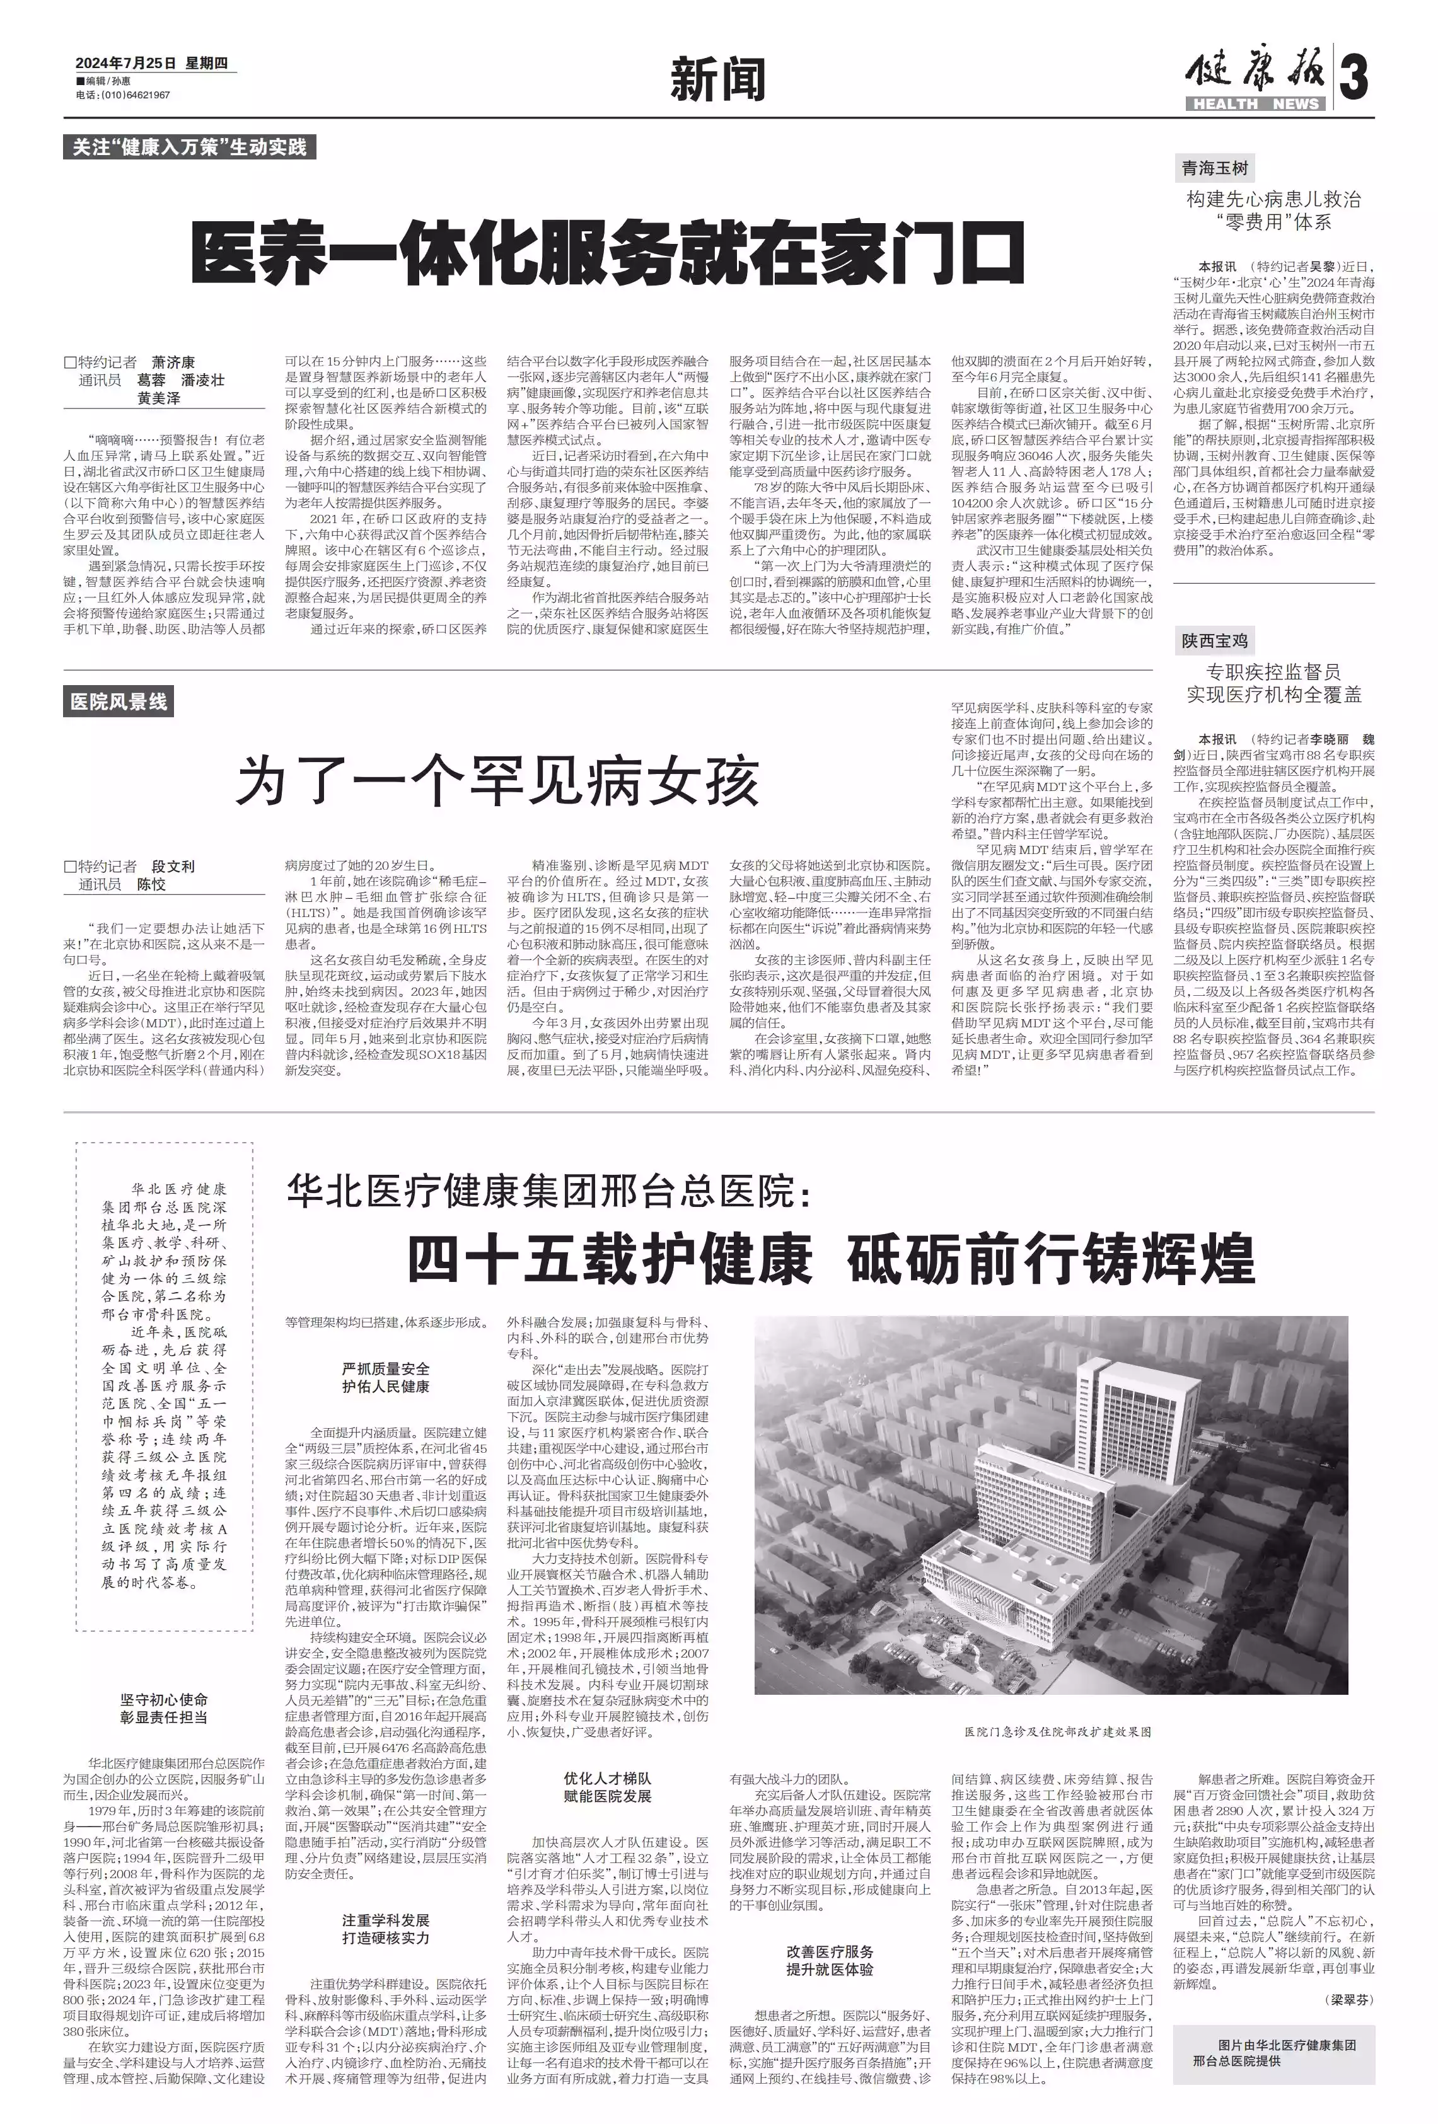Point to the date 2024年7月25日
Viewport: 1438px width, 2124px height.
[125, 63]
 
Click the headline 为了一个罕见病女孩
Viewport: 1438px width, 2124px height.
[497, 782]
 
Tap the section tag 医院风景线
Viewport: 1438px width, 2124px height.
[119, 702]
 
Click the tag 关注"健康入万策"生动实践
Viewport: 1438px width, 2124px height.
[189, 146]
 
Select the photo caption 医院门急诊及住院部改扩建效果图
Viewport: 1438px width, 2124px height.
[1057, 1732]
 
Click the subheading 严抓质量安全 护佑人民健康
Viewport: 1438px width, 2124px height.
[385, 1377]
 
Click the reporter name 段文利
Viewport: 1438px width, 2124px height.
[173, 867]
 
